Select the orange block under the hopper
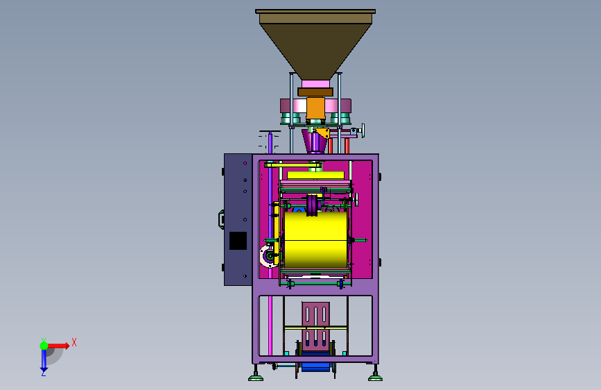click(x=315, y=108)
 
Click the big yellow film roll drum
click(x=315, y=239)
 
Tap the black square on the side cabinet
click(x=238, y=241)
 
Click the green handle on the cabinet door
click(x=221, y=219)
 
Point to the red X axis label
click(x=74, y=342)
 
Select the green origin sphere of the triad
click(x=44, y=346)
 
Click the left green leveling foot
click(x=256, y=378)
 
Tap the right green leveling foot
click(x=375, y=378)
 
